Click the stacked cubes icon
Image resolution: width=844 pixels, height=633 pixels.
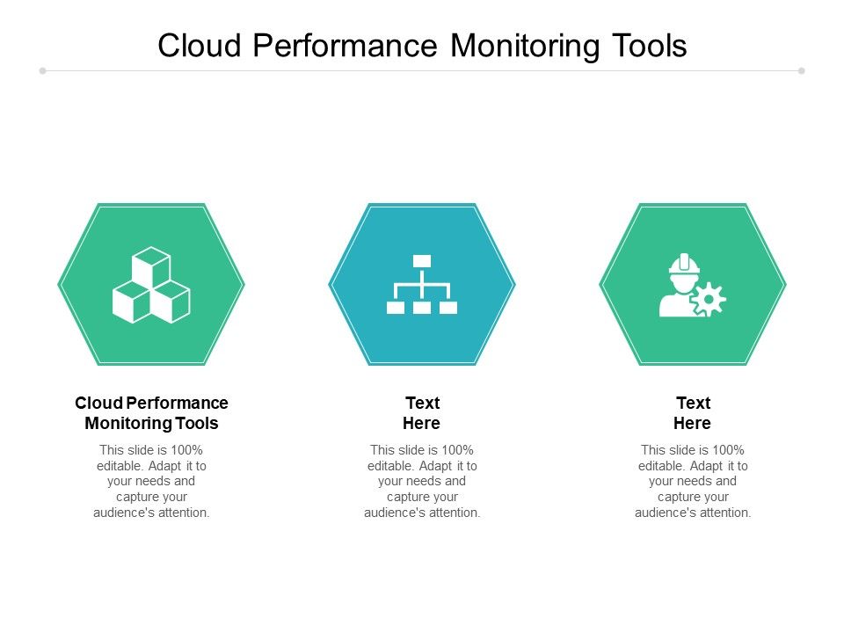[x=151, y=285]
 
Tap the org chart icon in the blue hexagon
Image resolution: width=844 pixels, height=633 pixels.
[x=422, y=284]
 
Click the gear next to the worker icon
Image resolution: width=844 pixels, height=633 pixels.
[x=709, y=300]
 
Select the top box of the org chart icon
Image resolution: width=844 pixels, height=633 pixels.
[x=422, y=261]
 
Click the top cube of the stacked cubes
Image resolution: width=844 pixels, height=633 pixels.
[x=151, y=265]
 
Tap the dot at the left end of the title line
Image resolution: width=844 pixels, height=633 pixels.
[x=42, y=71]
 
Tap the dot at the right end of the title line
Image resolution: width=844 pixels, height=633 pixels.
[x=802, y=71]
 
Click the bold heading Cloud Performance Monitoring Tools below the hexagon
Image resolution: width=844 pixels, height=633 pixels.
[x=151, y=413]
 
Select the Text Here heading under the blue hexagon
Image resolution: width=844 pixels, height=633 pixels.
[x=422, y=413]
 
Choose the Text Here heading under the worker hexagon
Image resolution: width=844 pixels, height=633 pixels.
[x=693, y=413]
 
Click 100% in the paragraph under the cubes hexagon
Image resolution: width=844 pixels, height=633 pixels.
[x=186, y=450]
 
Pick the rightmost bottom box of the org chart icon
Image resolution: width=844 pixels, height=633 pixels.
[x=448, y=308]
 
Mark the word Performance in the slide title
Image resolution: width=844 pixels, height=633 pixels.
[x=347, y=46]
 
